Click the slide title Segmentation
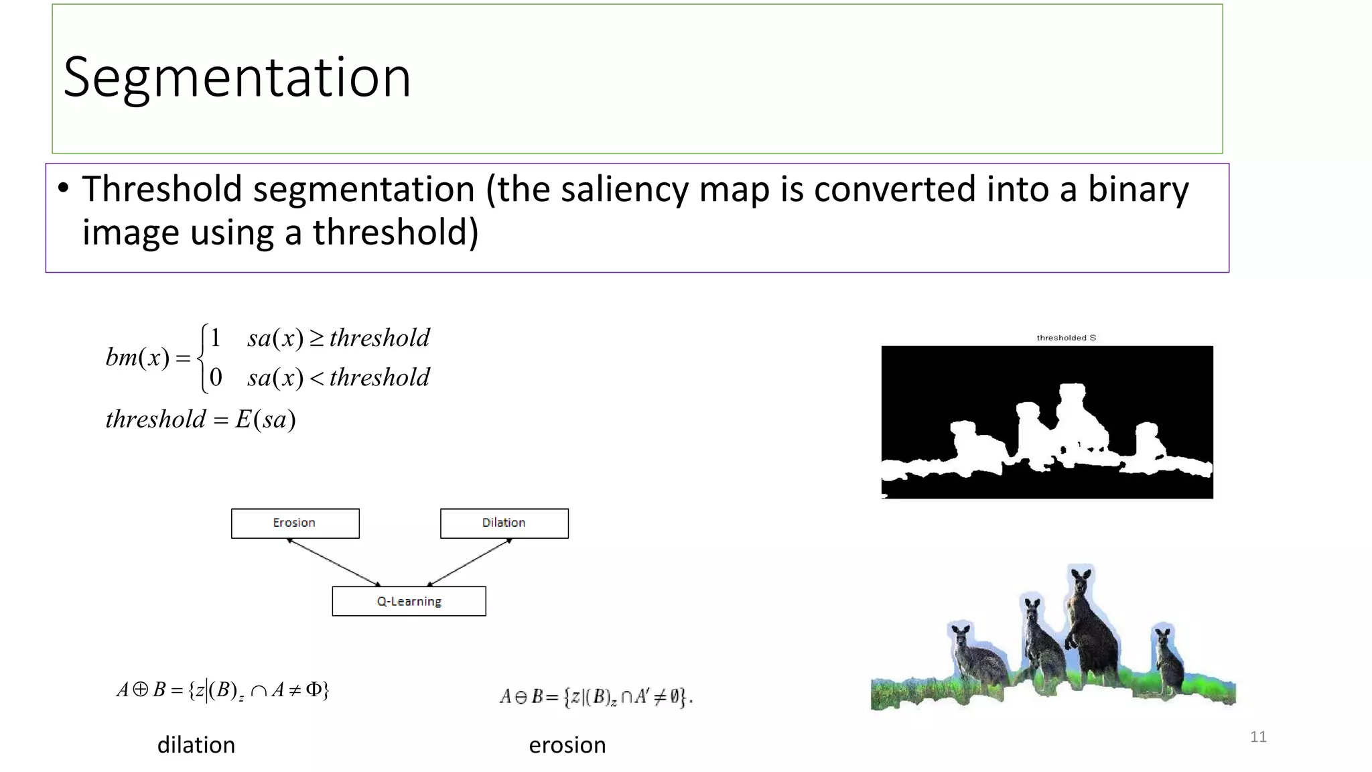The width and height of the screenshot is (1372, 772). tap(236, 78)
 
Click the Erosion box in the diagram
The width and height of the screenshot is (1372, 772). tap(295, 523)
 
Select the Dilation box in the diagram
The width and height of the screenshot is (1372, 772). tap(504, 523)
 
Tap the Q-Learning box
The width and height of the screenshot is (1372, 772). tap(409, 601)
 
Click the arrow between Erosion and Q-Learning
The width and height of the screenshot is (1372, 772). tap(334, 562)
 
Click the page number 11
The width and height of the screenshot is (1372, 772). tap(1258, 737)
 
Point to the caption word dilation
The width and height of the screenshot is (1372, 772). tap(196, 745)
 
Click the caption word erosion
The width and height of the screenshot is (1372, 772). tap(567, 745)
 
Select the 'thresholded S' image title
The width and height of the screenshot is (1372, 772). tap(1066, 338)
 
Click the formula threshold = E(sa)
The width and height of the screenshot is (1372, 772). tap(200, 420)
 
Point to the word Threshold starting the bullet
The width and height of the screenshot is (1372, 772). tap(161, 189)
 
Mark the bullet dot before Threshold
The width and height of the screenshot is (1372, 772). tap(63, 188)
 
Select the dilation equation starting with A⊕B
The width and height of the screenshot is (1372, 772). tap(222, 690)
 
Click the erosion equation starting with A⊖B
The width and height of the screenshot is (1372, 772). tap(596, 697)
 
